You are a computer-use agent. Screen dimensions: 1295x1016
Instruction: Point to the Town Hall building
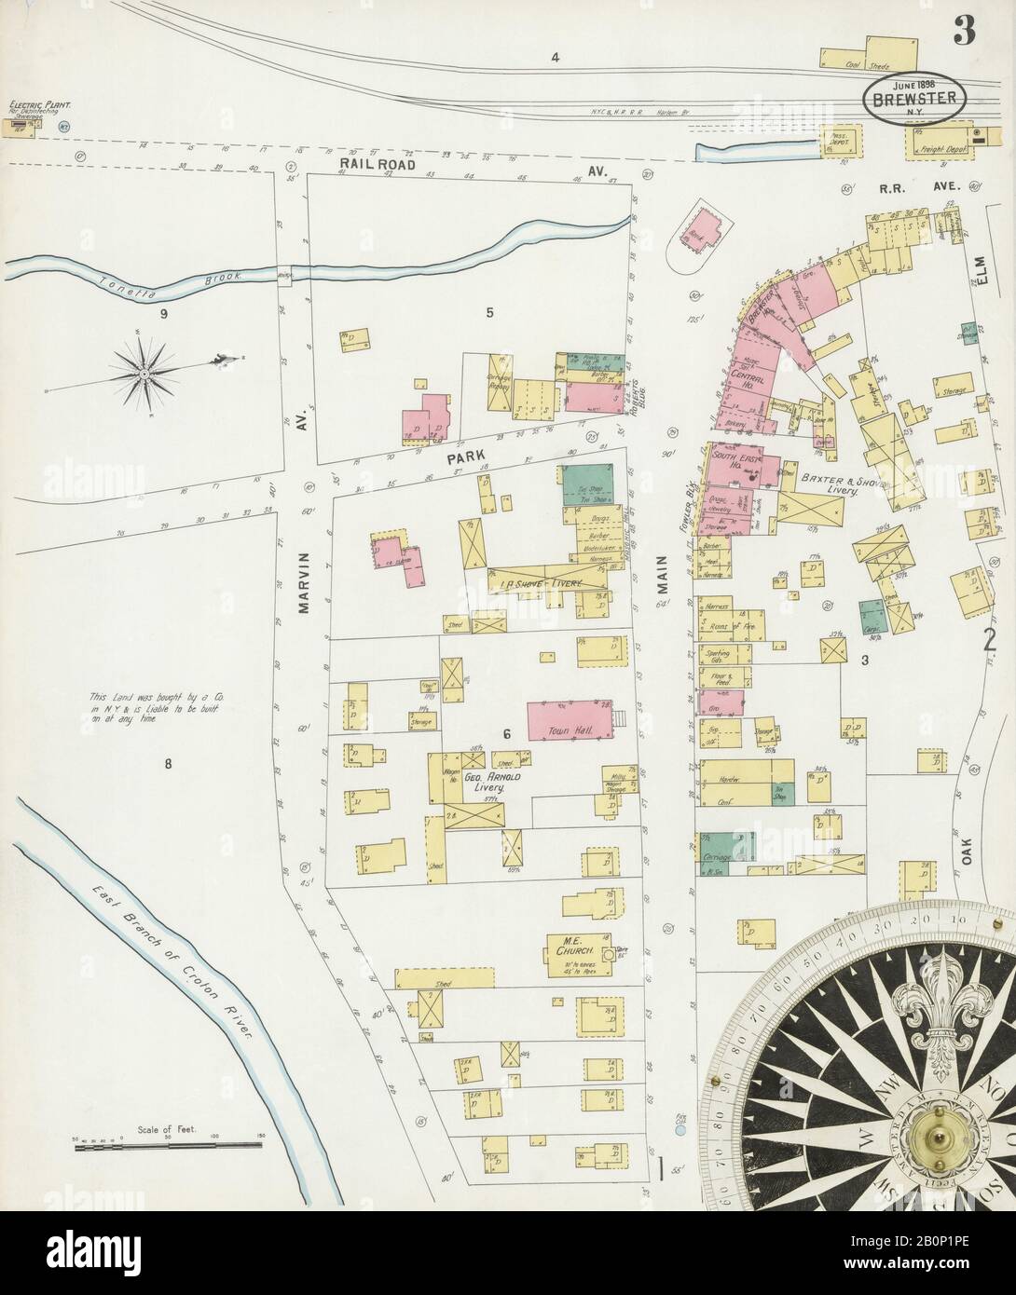coord(569,721)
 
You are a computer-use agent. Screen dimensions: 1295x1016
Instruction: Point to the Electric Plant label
coord(40,108)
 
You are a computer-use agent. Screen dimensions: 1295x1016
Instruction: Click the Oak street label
coord(967,852)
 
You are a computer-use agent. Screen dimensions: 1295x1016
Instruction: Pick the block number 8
coord(168,765)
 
